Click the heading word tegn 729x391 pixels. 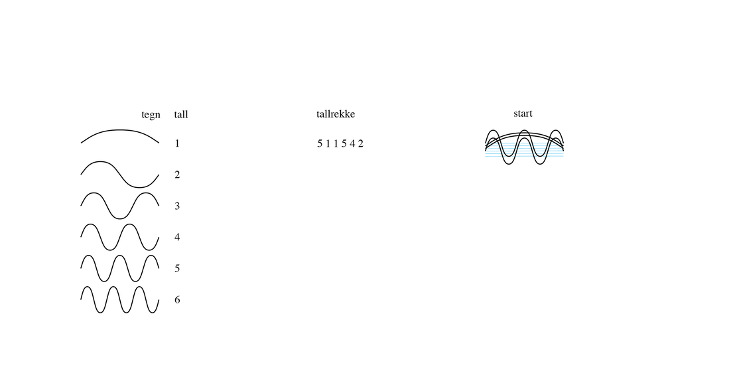151,115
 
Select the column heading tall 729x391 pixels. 181,114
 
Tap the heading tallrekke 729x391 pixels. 336,114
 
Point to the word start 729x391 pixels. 523,114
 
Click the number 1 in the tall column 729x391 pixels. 177,143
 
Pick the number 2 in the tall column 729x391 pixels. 177,175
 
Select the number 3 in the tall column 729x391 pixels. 177,206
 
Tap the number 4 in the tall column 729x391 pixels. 177,237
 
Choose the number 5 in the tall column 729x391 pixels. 177,268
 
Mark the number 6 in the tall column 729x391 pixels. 177,299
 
